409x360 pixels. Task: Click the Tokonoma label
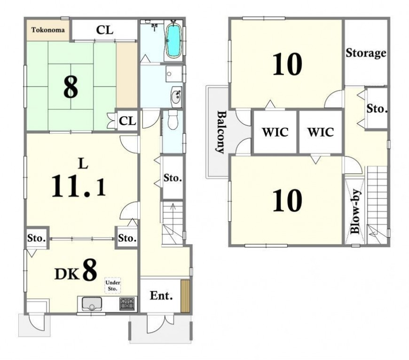pos(48,30)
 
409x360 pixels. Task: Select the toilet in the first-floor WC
pos(173,120)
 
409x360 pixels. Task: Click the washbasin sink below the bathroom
pos(177,97)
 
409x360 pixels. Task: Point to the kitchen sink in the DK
pos(92,304)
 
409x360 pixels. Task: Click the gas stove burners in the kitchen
pos(127,304)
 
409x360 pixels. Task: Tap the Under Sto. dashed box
pos(113,285)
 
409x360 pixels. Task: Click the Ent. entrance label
pos(161,296)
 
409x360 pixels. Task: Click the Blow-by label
pos(356,212)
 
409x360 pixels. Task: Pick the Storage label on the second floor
pos(366,53)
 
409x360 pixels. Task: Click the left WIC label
pos(275,132)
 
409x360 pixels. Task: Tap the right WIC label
pos(321,132)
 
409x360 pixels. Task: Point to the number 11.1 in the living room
pos(79,186)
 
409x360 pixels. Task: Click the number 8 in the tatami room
pos(71,87)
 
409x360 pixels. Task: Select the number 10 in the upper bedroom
pos(287,64)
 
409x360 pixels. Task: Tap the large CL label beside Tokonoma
pos(104,30)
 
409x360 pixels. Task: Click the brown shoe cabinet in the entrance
pos(185,296)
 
